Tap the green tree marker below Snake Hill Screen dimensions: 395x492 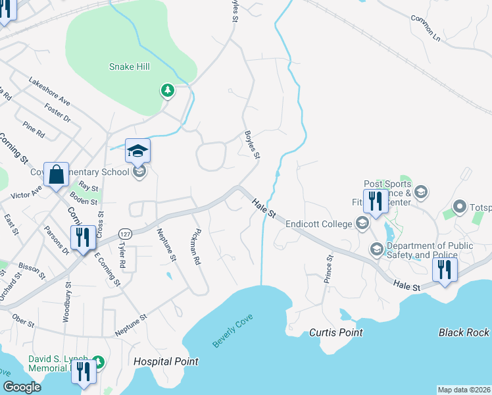coord(168,90)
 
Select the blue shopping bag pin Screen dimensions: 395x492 coord(57,175)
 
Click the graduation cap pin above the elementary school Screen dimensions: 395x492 coord(137,151)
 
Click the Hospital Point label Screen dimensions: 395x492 coord(166,361)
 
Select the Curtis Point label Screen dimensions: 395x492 coord(335,332)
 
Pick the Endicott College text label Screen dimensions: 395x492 coord(320,224)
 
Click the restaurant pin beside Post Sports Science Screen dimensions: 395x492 coord(376,203)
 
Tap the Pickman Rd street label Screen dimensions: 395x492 coord(194,246)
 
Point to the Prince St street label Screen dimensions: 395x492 coord(328,270)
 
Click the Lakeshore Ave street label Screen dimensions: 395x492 coord(49,90)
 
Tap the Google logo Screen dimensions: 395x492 coord(21,387)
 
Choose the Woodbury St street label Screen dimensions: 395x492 coord(66,302)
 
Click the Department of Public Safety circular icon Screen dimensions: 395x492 coord(376,249)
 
